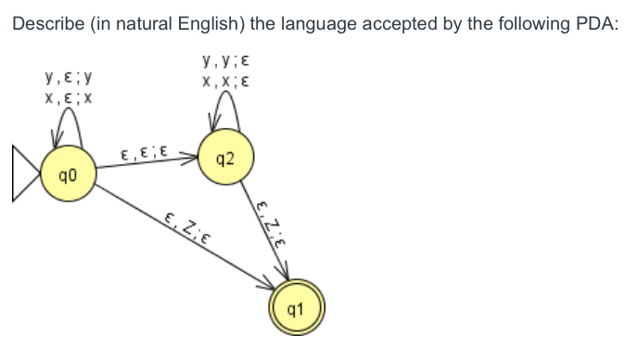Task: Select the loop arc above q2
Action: [223, 105]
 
